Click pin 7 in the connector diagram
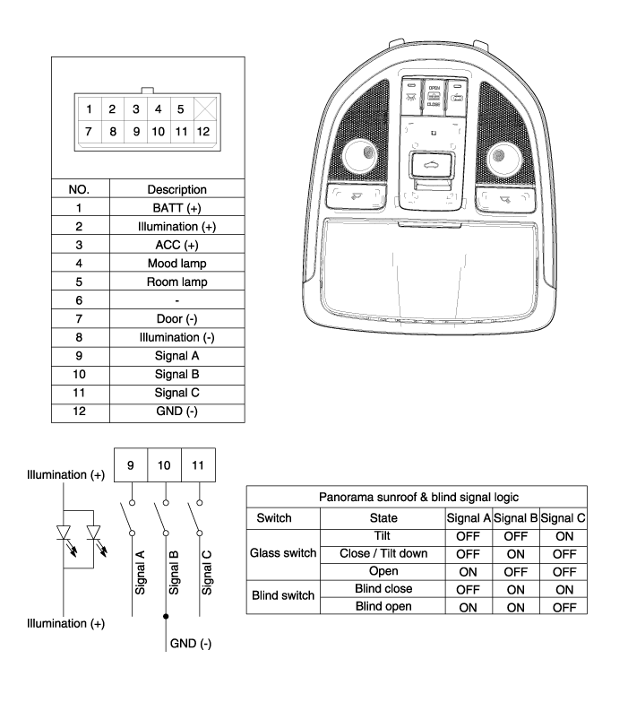pos(89,131)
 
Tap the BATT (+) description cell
pos(176,207)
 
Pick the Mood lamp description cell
pos(176,263)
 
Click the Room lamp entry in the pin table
pos(176,282)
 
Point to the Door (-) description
pos(176,319)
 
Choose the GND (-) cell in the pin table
pos(176,412)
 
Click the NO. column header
pos(81,189)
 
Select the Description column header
pos(176,189)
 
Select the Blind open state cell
pos(383,606)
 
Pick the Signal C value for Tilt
pos(563,535)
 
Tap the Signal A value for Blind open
pos(468,606)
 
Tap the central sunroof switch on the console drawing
pos(432,165)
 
